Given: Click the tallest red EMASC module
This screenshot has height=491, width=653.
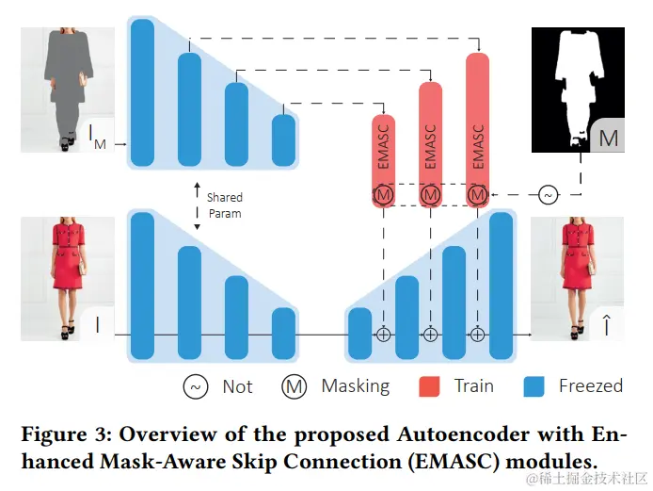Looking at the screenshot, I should pyautogui.click(x=478, y=113).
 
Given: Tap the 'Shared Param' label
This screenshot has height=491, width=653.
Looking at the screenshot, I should pyautogui.click(x=224, y=205).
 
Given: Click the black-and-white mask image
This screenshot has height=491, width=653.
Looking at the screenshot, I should pyautogui.click(x=576, y=90).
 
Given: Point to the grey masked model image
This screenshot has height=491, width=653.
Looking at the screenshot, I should pyautogui.click(x=68, y=90).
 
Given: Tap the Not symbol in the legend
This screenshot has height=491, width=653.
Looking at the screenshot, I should pyautogui.click(x=196, y=386).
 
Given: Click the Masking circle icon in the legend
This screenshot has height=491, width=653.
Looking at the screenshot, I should pyautogui.click(x=294, y=386).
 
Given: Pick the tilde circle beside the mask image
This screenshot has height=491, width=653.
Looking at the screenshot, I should pyautogui.click(x=549, y=195).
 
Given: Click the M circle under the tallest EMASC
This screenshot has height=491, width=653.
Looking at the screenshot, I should pyautogui.click(x=478, y=195).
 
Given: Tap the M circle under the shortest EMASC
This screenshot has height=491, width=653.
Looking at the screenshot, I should pyautogui.click(x=384, y=195).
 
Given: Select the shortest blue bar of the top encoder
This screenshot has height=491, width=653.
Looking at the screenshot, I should pyautogui.click(x=283, y=139).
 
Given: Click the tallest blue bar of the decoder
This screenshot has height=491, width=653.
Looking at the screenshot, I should pyautogui.click(x=502, y=286).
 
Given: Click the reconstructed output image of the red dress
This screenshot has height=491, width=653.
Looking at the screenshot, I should pyautogui.click(x=576, y=278).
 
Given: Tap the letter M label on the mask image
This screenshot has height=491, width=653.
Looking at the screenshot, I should pyautogui.click(x=609, y=139).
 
